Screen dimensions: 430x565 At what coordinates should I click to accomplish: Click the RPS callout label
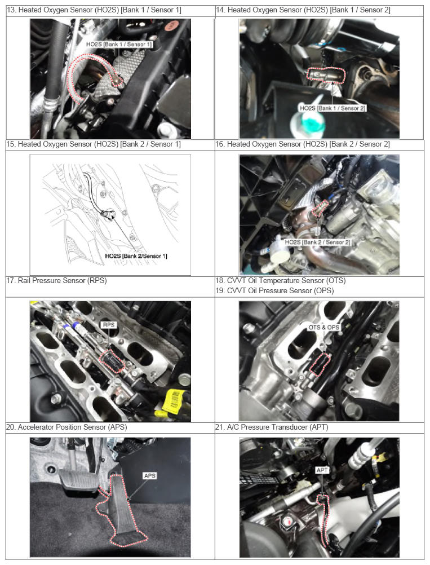tap(109, 325)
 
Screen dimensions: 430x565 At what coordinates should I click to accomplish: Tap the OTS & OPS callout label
tap(323, 327)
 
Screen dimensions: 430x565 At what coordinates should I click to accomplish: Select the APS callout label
tap(149, 476)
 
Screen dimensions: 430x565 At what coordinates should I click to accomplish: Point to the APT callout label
tap(322, 470)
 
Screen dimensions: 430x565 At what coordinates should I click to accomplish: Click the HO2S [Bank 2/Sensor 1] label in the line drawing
tap(136, 256)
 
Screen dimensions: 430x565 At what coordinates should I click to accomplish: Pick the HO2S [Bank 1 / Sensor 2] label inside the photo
tap(333, 108)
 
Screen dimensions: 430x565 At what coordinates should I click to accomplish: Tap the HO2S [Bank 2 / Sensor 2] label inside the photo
tap(317, 242)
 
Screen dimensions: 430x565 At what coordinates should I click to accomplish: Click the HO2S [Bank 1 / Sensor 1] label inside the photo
tap(119, 45)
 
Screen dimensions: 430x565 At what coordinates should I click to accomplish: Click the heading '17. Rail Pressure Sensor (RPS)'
tap(57, 280)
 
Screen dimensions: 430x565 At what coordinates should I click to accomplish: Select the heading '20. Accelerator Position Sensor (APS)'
tap(67, 427)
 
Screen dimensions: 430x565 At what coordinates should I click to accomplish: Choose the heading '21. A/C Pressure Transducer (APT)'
tap(272, 427)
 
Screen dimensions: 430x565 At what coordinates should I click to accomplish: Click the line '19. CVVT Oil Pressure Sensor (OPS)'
tap(275, 290)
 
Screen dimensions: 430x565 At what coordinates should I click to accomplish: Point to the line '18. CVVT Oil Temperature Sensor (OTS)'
tap(281, 280)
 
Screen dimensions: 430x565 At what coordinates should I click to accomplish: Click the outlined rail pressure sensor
tap(112, 361)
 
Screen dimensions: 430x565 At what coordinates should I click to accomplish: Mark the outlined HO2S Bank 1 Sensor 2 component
tap(326, 75)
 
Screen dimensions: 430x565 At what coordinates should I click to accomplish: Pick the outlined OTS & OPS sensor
tap(320, 364)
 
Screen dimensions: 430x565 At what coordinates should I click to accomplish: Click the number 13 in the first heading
tap(11, 10)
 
